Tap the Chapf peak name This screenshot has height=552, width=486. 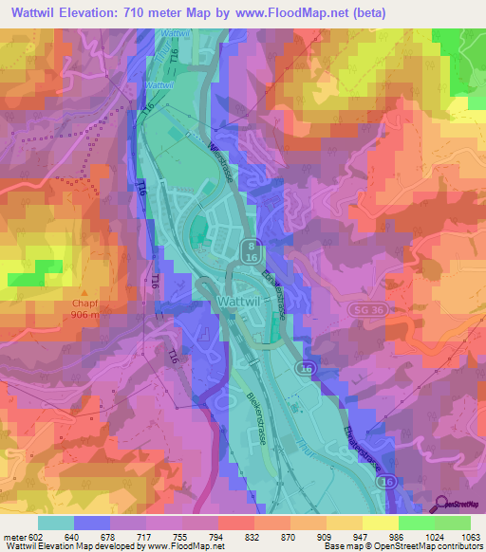point(85,304)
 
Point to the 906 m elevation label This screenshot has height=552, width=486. point(85,316)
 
